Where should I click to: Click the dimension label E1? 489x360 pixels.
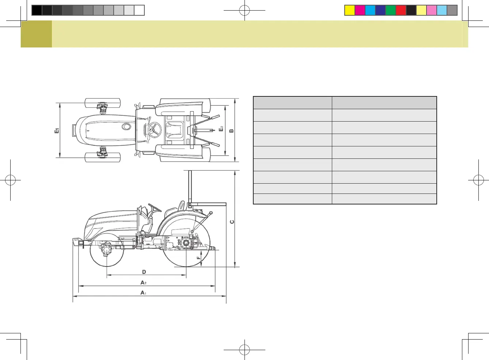(57, 131)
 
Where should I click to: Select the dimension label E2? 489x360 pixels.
(221, 129)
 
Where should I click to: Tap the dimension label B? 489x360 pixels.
(231, 131)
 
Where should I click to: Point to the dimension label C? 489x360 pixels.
(232, 222)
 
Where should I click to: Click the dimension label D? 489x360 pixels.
(144, 272)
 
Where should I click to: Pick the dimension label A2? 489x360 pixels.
(143, 283)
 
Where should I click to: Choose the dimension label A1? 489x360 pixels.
(143, 292)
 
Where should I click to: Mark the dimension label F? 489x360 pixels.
(198, 258)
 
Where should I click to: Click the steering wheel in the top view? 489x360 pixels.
(154, 130)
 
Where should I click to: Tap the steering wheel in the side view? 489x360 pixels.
(155, 208)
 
